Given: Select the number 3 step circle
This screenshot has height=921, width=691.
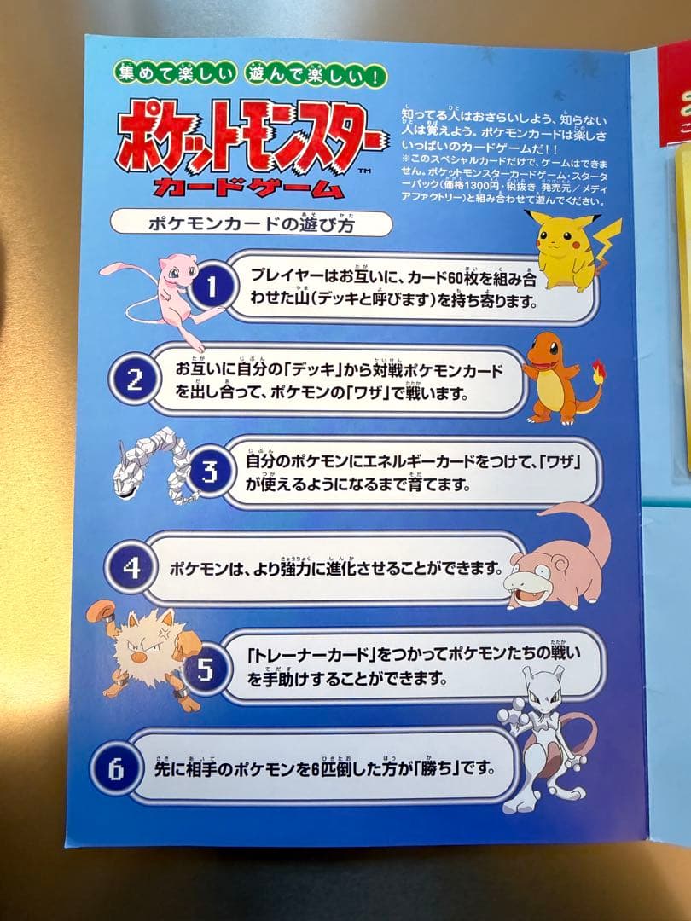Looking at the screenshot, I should [206, 472].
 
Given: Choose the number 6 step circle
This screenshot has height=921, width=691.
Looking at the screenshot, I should [118, 768].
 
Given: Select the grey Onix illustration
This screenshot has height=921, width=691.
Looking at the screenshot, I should [154, 473].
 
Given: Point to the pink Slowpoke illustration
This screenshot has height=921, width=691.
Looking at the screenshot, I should [559, 559].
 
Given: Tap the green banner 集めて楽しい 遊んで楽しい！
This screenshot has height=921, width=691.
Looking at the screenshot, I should [250, 74].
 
